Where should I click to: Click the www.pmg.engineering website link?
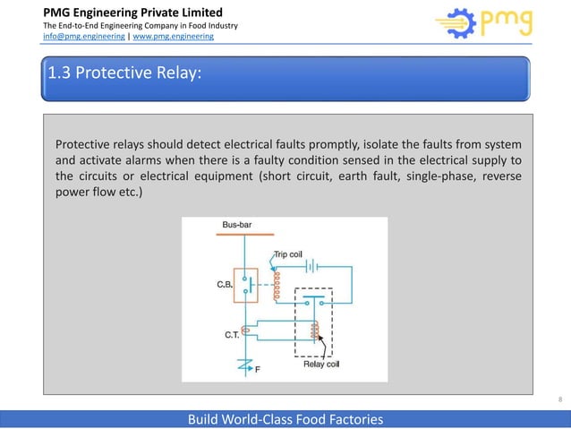tap(174, 38)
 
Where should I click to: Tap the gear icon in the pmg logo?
tap(454, 25)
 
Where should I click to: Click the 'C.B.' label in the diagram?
tap(226, 284)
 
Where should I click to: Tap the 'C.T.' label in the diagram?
tap(232, 334)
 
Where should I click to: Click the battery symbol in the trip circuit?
tap(308, 265)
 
